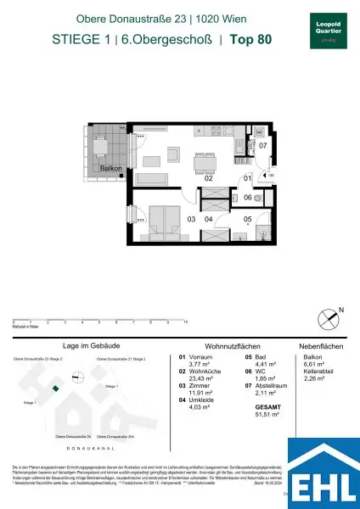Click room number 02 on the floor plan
pos(207,179)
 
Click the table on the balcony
pos(103,146)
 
